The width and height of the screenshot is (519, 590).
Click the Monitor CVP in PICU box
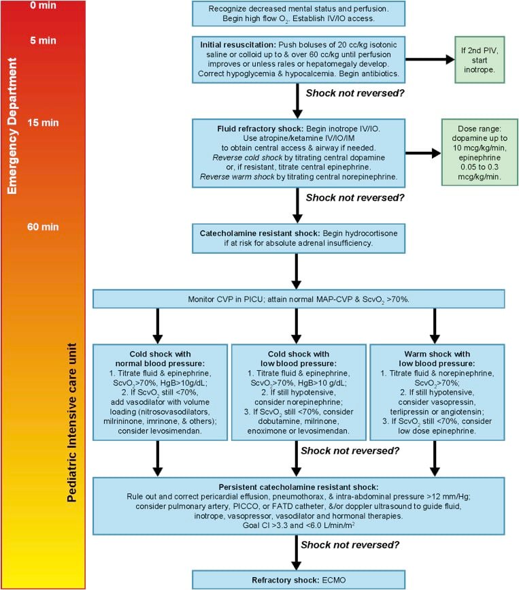pos(299,298)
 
